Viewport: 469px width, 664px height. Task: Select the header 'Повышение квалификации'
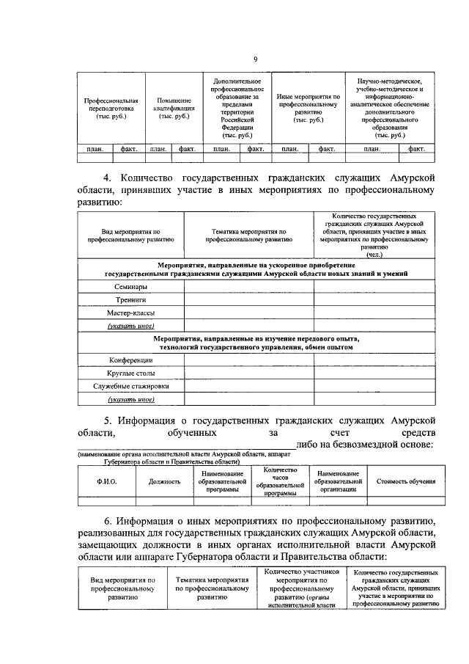(174, 108)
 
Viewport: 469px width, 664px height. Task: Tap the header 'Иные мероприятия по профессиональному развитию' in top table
(308, 108)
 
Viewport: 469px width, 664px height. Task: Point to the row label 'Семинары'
(131, 287)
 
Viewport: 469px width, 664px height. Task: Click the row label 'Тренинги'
(131, 300)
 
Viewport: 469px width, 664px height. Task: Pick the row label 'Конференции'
(131, 360)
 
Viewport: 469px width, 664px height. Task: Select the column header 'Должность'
(164, 481)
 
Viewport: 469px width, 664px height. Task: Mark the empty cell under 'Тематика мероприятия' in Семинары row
(248, 287)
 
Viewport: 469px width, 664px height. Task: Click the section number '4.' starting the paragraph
(107, 177)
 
